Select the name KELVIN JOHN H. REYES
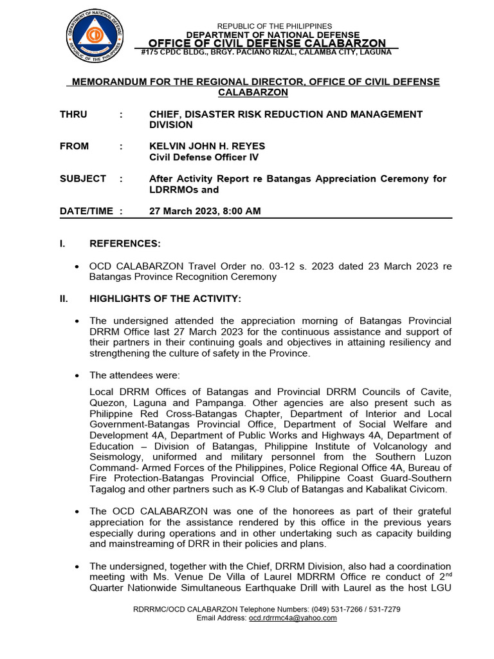[206, 146]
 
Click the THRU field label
[73, 114]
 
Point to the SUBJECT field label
[82, 179]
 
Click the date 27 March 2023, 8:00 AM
[205, 211]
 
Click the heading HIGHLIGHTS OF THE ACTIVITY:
[165, 299]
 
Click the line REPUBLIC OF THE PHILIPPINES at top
[274, 26]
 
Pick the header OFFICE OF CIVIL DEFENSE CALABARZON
[267, 43]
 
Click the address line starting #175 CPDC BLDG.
[266, 52]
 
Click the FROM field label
[75, 146]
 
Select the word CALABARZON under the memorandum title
[253, 93]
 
